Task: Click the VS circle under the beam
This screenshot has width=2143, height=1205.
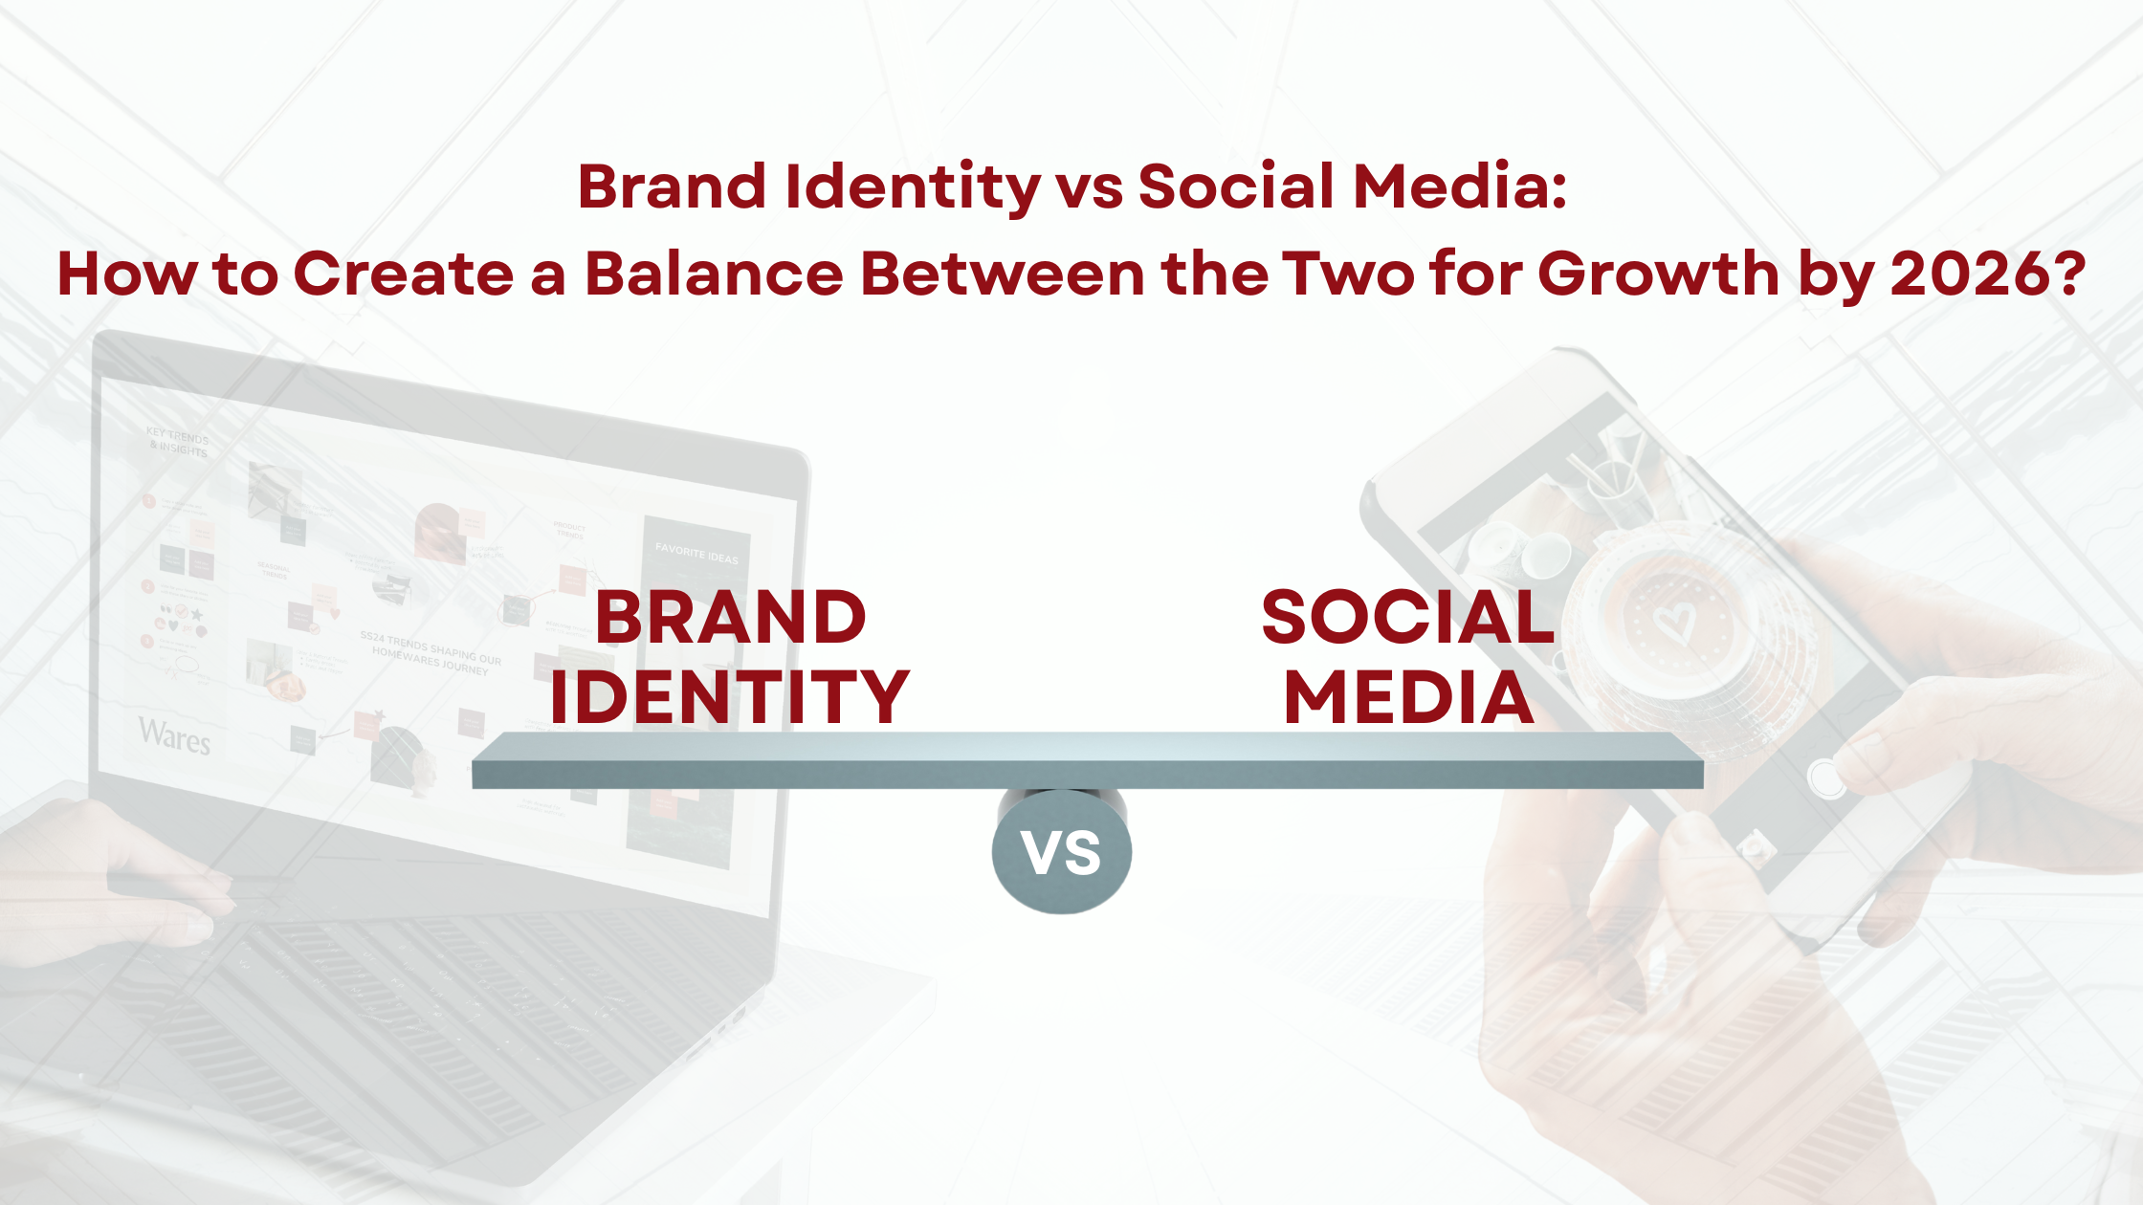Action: coord(1062,851)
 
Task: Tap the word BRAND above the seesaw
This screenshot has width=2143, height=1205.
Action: coord(731,618)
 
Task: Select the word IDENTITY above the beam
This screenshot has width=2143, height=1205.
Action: coord(730,697)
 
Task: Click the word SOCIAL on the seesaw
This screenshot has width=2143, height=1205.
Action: coord(1408,618)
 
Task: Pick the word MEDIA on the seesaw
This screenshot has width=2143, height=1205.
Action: coord(1409,697)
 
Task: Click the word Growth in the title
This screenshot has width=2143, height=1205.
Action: coord(1659,274)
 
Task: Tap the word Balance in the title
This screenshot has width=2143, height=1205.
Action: coord(714,274)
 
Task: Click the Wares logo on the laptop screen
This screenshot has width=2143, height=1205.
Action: coord(174,735)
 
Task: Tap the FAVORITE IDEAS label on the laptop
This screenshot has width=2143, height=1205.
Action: coord(696,554)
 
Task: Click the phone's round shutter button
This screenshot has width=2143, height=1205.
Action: coord(1825,779)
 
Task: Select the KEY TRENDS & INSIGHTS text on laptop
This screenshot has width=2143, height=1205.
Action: coord(178,443)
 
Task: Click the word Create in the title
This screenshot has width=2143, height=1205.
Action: coord(403,274)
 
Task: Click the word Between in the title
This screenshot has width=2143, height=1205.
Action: coord(1003,274)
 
